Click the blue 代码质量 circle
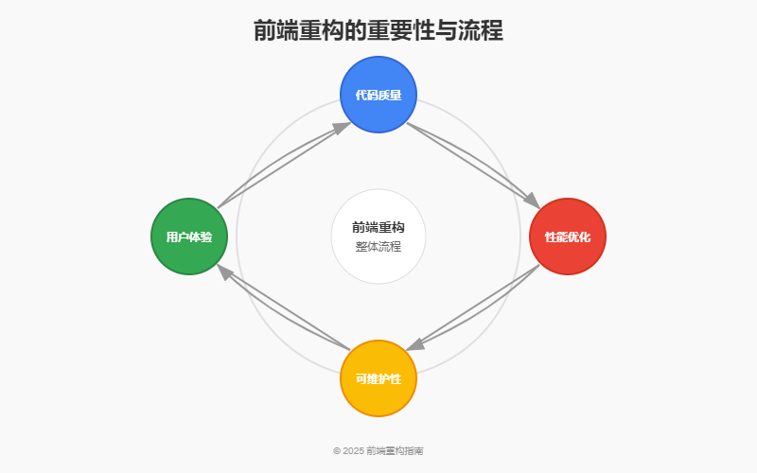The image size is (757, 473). click(x=378, y=95)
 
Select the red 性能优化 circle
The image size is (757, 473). click(x=568, y=236)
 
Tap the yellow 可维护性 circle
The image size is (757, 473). click(x=378, y=378)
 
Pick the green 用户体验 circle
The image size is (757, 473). click(x=189, y=236)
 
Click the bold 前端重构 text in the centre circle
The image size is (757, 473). click(x=378, y=227)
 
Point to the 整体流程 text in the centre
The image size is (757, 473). click(x=378, y=247)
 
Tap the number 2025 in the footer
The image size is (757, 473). click(x=353, y=451)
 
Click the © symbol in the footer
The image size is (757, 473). click(x=337, y=451)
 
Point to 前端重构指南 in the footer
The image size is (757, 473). click(x=395, y=451)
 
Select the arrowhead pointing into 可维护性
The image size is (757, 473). click(x=415, y=345)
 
